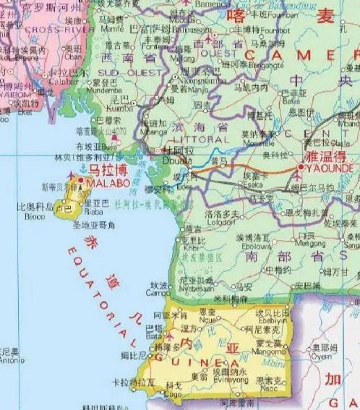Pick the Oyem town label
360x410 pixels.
pyautogui.click(x=322, y=355)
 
